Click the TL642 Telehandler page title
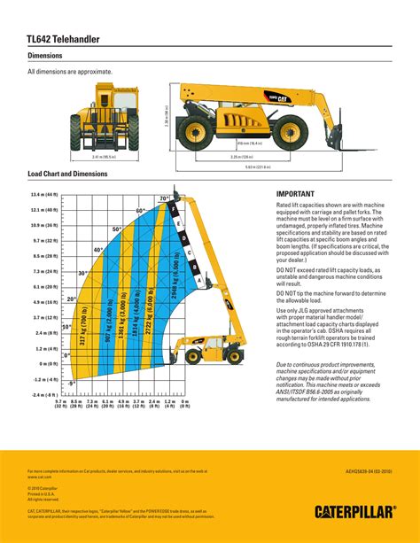[63, 40]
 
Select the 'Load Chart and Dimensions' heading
[68, 174]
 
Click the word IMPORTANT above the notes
[296, 192]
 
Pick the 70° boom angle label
[164, 198]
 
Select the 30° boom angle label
[82, 273]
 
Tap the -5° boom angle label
[73, 383]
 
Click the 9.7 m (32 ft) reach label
[60, 406]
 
